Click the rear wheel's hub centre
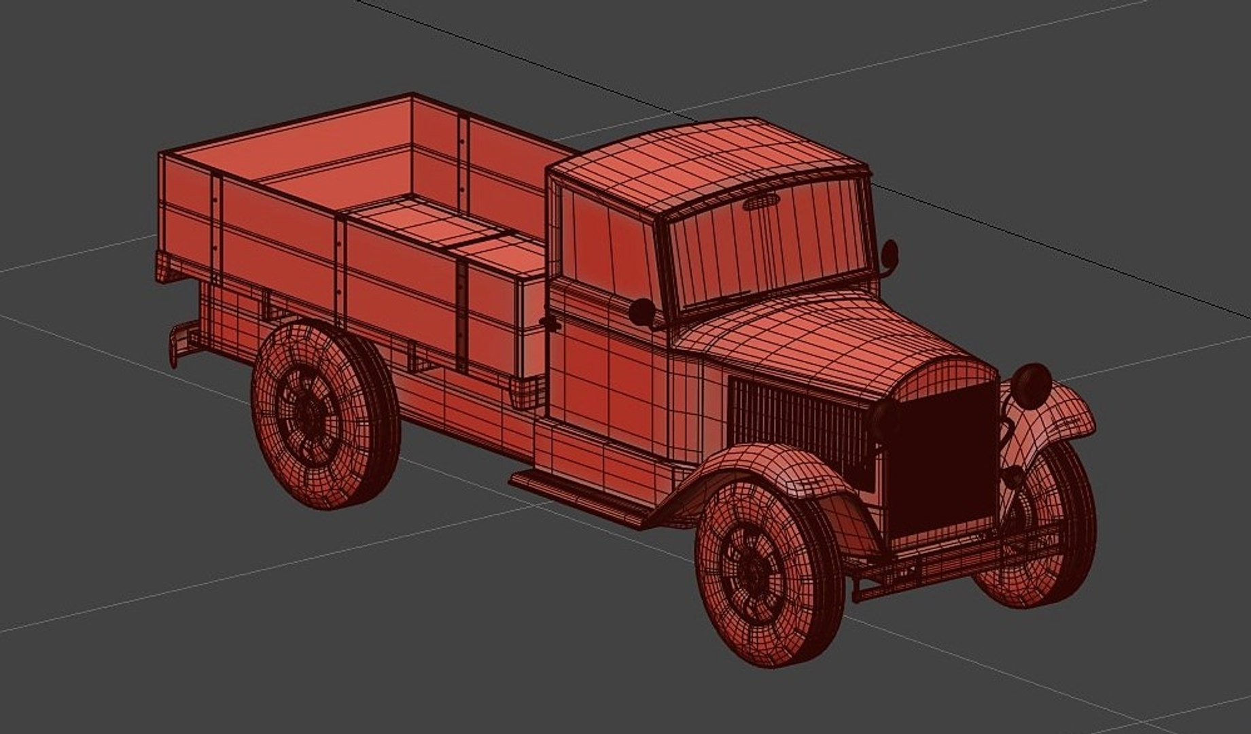(309, 412)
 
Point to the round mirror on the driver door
(641, 312)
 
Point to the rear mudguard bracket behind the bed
(178, 343)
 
